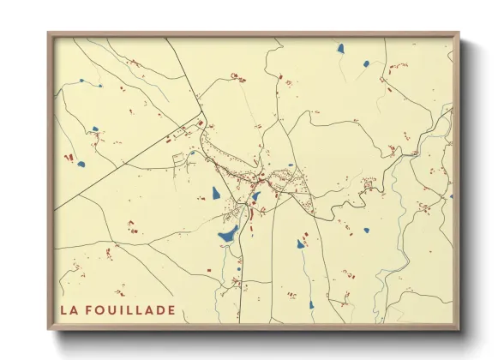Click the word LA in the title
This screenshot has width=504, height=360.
pyautogui.click(x=69, y=309)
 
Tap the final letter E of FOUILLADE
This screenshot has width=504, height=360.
pyautogui.click(x=171, y=309)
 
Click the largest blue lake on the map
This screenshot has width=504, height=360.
pyautogui.click(x=228, y=233)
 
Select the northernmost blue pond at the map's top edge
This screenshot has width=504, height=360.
pyautogui.click(x=340, y=48)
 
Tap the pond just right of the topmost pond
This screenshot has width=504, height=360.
pyautogui.click(x=366, y=63)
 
